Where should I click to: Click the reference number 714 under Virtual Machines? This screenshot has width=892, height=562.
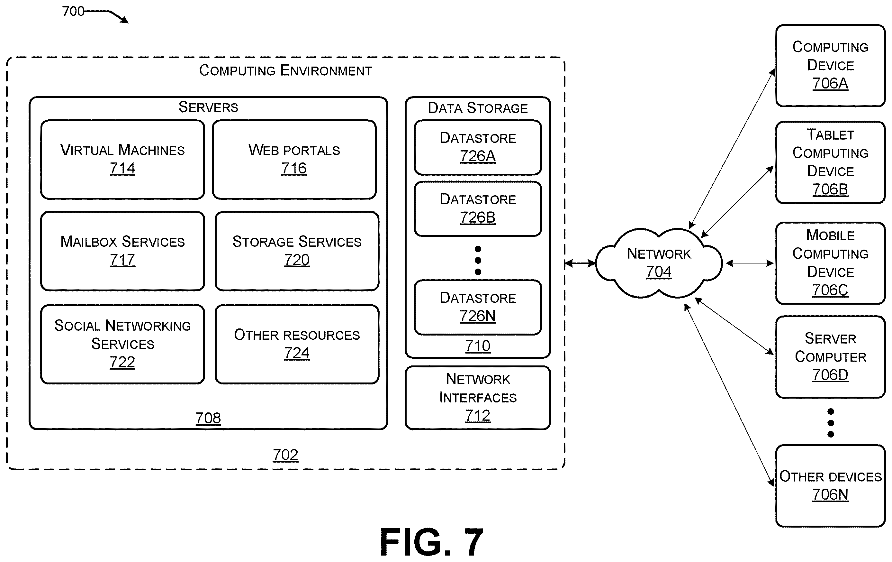122,169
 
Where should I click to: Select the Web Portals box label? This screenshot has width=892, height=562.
294,150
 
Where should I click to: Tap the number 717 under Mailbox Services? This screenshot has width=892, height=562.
122,260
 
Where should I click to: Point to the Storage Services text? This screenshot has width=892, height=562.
297,242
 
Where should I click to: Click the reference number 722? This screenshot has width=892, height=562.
122,362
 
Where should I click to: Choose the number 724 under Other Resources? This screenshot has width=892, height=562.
297,353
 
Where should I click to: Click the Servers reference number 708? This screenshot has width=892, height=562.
208,418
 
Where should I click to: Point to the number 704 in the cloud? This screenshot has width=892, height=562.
659,272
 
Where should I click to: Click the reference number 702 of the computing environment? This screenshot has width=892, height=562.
285,455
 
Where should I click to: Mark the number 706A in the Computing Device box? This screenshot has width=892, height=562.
830,83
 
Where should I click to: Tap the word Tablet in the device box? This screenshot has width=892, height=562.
830,134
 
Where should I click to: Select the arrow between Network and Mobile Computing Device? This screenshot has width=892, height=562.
749,263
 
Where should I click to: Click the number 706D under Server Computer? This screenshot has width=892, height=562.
830,375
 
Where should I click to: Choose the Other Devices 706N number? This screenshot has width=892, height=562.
830,494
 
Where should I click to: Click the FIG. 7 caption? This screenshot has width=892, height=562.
432,542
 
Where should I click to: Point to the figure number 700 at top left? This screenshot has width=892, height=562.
73,12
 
